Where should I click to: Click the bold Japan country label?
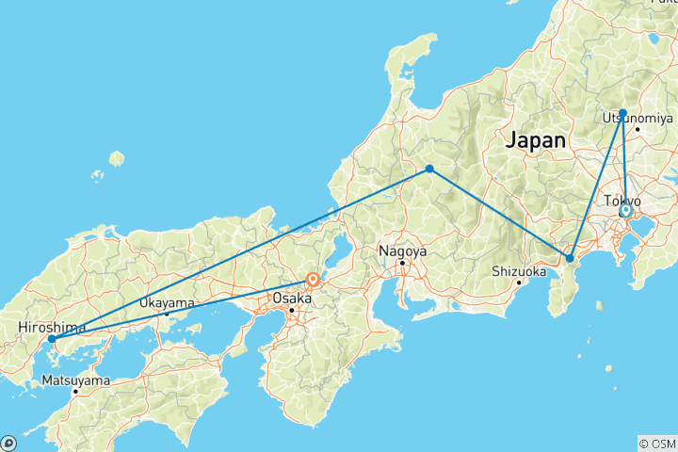537,141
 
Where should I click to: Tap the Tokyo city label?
622,202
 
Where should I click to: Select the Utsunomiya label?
638,118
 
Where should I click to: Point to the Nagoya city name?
402,251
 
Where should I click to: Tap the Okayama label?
167,303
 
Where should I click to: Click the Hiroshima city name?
48,328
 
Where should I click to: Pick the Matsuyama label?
75,380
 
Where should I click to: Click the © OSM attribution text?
657,444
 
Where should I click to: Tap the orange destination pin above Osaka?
312,280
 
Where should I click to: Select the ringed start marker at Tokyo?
625,211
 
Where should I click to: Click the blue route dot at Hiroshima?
52,339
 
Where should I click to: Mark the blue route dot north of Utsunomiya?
622,112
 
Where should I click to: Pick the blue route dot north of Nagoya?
429,169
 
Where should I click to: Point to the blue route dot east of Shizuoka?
570,258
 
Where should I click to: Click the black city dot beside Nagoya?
402,263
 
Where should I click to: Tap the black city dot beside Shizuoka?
519,282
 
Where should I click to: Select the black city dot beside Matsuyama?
75,391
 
